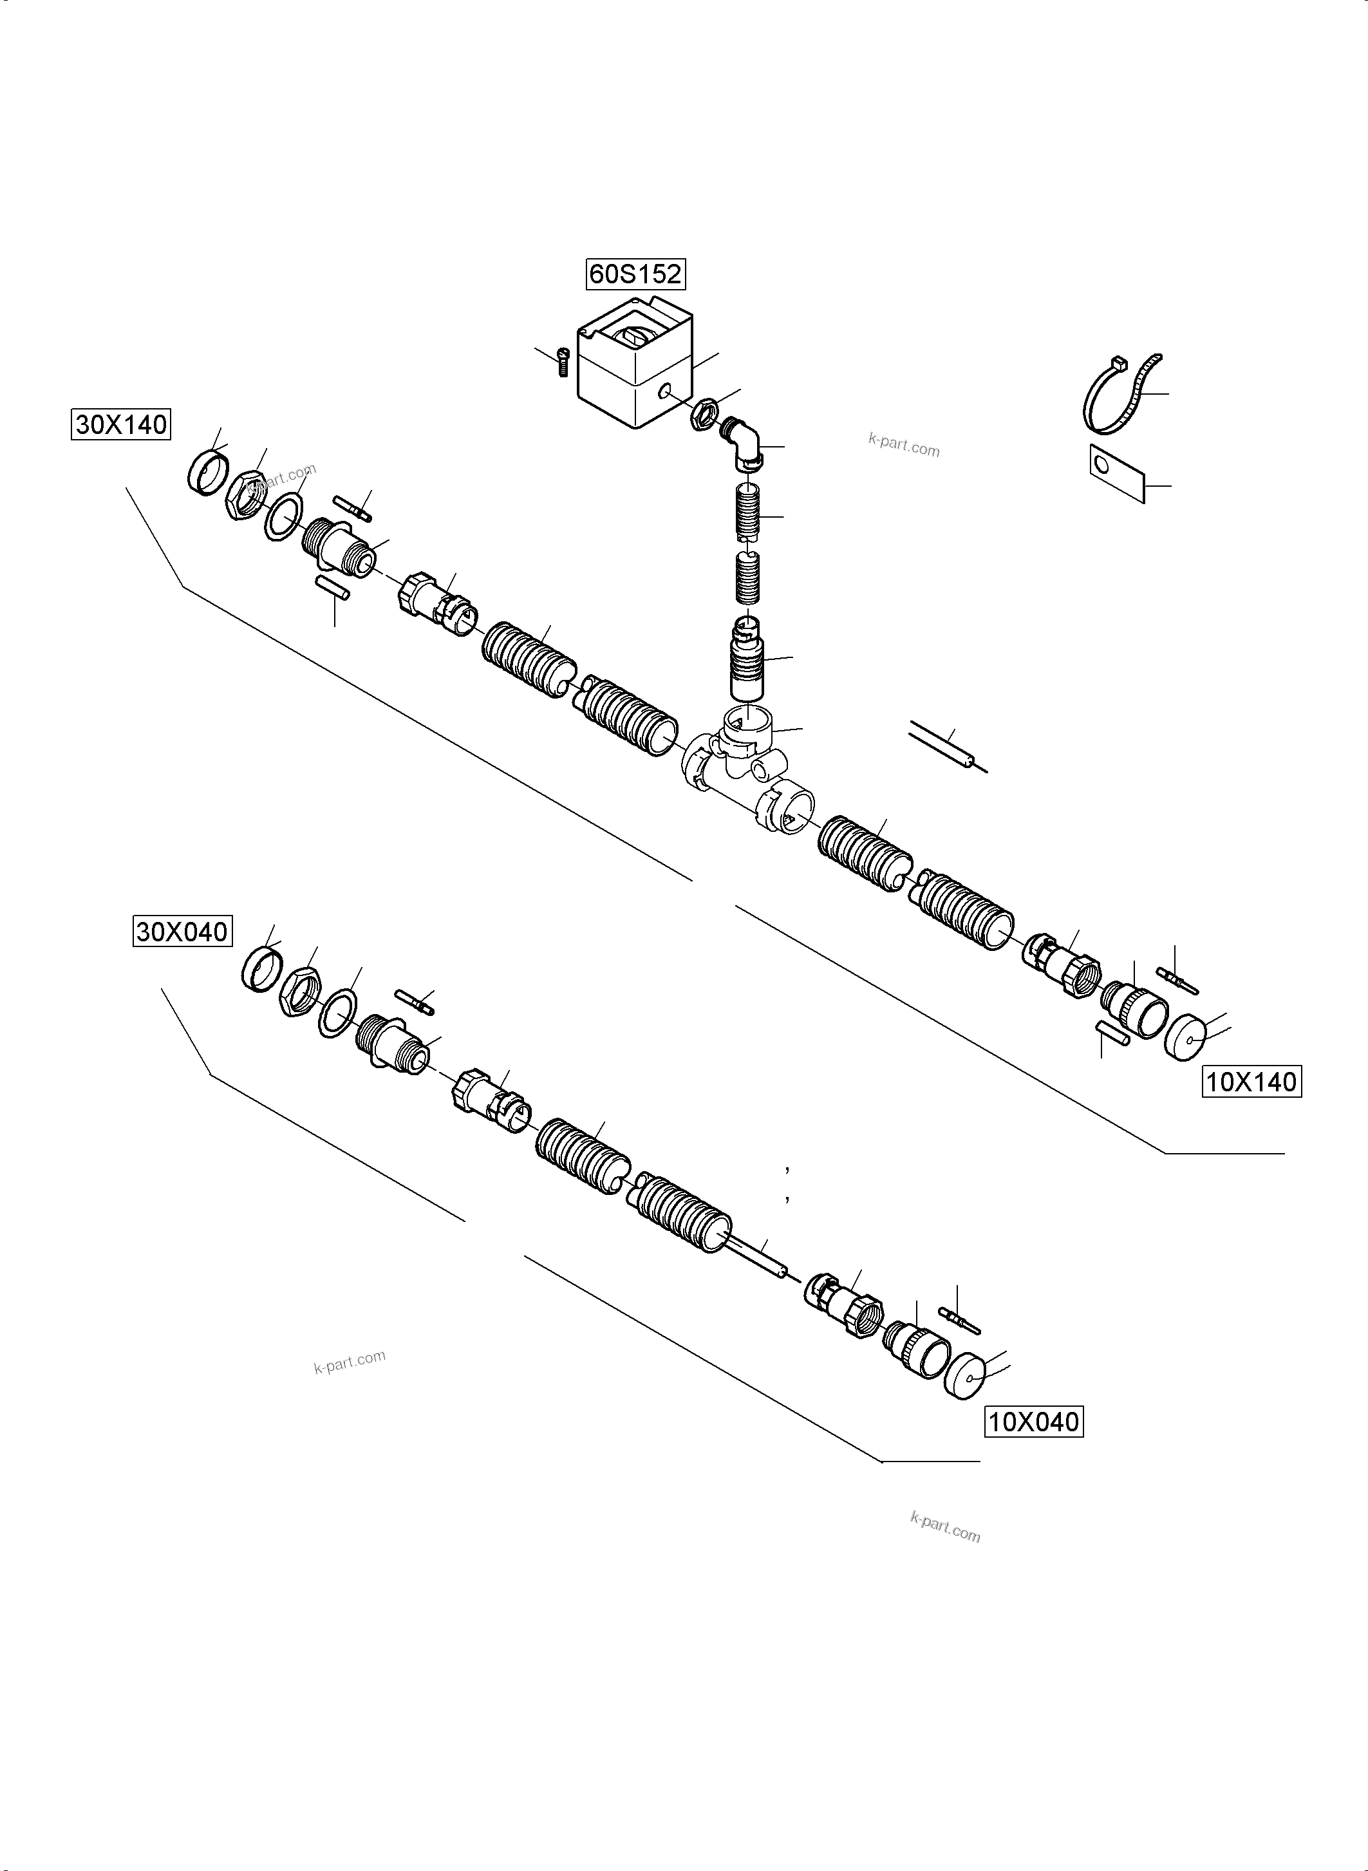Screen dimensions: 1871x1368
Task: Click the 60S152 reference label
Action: pyautogui.click(x=636, y=274)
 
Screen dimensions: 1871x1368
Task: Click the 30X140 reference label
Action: pyautogui.click(x=121, y=425)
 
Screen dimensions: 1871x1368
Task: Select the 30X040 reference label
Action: pyautogui.click(x=182, y=932)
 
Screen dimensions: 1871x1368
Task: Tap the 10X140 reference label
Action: pyautogui.click(x=1251, y=1082)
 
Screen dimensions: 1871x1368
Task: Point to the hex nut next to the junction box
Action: pyautogui.click(x=704, y=413)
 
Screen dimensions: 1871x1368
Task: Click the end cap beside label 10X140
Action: pyautogui.click(x=1188, y=1036)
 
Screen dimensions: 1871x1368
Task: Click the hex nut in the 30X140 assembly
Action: pyautogui.click(x=245, y=495)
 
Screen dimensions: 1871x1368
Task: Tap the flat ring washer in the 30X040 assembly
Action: pyautogui.click(x=338, y=1015)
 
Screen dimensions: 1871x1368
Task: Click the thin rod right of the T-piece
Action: pyautogui.click(x=948, y=746)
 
